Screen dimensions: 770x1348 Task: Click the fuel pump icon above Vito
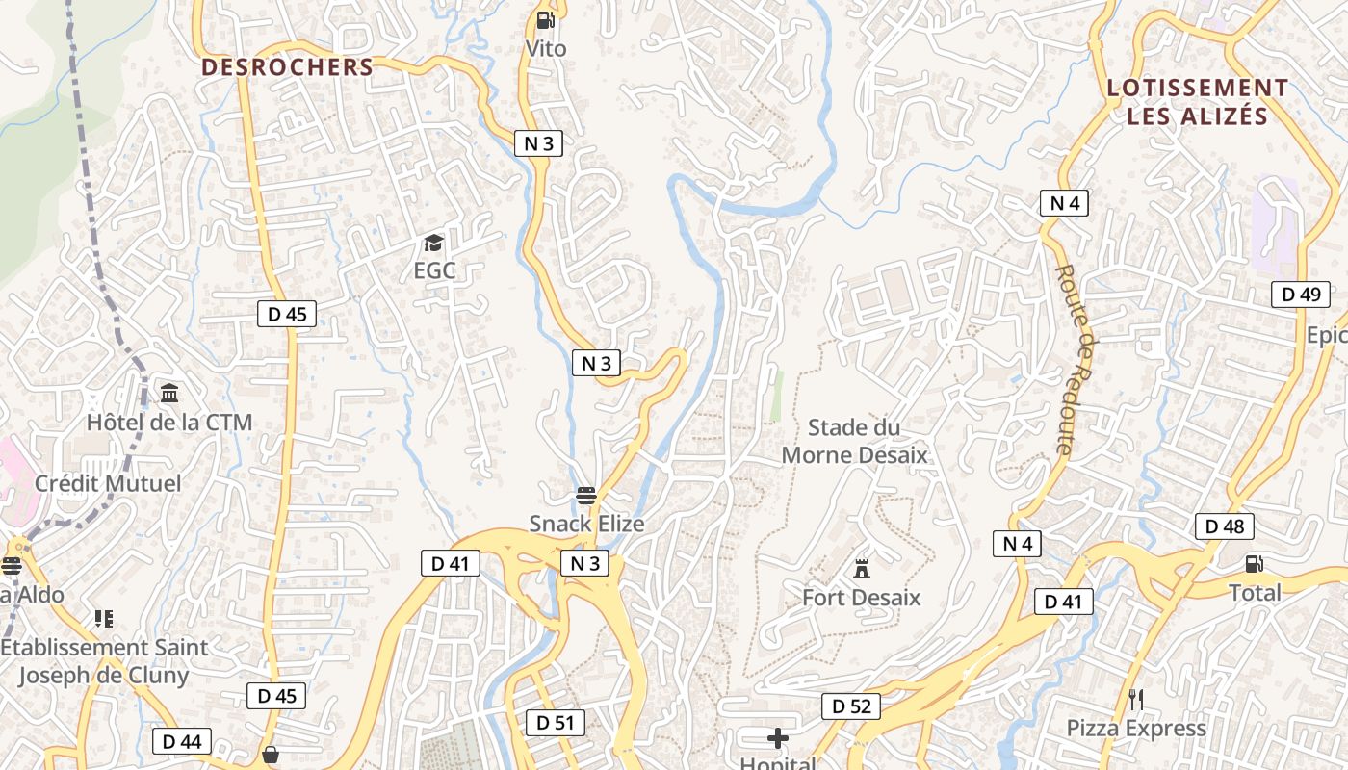[x=545, y=19]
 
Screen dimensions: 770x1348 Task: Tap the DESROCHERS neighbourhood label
[x=287, y=67]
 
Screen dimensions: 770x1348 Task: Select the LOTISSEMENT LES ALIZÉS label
[x=1197, y=102]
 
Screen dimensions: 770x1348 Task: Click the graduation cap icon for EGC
[x=434, y=244]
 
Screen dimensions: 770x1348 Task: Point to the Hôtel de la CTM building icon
[x=170, y=393]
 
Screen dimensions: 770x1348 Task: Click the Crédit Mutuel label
[x=108, y=483]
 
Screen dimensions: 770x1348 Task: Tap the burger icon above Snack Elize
[x=586, y=496]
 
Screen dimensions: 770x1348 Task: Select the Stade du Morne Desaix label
[x=855, y=441]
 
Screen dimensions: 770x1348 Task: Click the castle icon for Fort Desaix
[x=862, y=568]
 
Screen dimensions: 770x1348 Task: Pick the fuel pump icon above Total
[x=1255, y=564]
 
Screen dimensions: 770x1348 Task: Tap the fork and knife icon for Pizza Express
[x=1136, y=699]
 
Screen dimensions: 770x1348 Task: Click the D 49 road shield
[x=1301, y=295]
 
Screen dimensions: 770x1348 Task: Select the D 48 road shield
[x=1225, y=526]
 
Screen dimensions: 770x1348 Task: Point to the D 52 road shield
[x=851, y=706]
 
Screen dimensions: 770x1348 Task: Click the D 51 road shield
[x=556, y=722]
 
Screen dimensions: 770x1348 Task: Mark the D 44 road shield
[x=182, y=741]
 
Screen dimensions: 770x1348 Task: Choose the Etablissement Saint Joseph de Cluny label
[x=104, y=661]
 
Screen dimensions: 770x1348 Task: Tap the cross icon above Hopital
[x=778, y=738]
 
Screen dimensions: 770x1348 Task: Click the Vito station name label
[x=546, y=48]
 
